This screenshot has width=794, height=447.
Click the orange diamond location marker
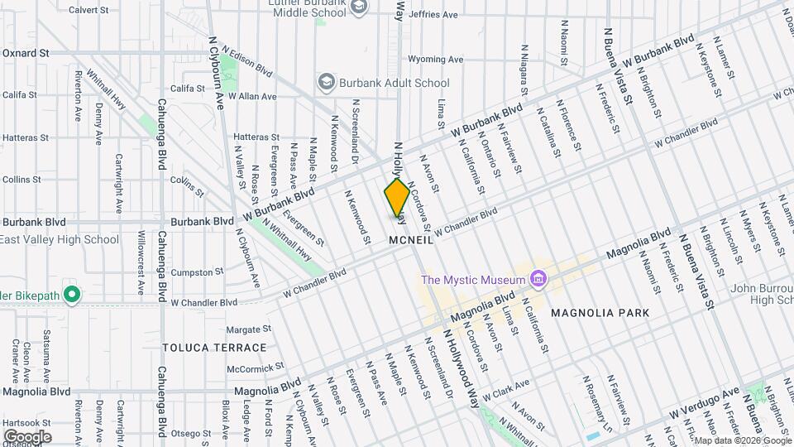click(397, 197)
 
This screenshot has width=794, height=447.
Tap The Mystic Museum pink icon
click(538, 279)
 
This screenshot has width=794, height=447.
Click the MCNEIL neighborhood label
click(411, 240)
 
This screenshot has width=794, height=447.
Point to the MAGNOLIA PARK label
click(599, 313)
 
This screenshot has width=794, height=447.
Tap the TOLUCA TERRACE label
click(214, 348)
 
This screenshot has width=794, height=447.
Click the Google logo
click(27, 436)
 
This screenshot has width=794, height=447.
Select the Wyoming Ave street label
click(436, 60)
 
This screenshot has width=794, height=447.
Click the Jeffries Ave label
click(433, 15)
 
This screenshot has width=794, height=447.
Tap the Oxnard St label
click(26, 53)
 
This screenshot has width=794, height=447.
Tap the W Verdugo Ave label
click(704, 401)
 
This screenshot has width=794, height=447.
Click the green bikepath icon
click(72, 294)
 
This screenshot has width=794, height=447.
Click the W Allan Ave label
click(252, 97)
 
